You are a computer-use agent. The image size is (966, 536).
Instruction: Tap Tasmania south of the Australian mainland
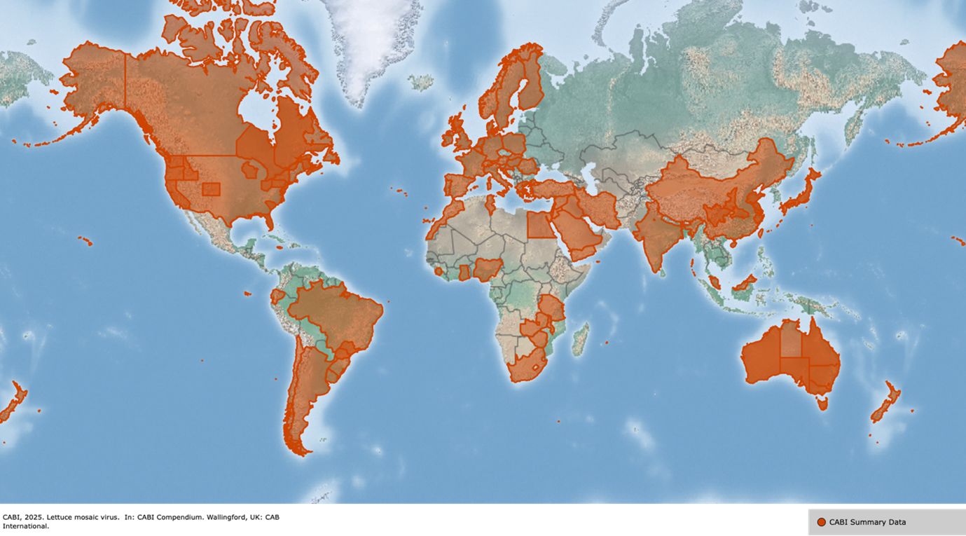pyautogui.click(x=822, y=402)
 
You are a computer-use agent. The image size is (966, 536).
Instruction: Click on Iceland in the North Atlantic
pyautogui.click(x=421, y=82)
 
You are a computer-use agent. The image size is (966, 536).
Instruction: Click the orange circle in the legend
pyautogui.click(x=821, y=522)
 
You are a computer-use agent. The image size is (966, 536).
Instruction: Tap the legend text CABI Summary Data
pyautogui.click(x=867, y=522)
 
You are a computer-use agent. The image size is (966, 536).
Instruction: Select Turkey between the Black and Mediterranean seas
pyautogui.click(x=553, y=188)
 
